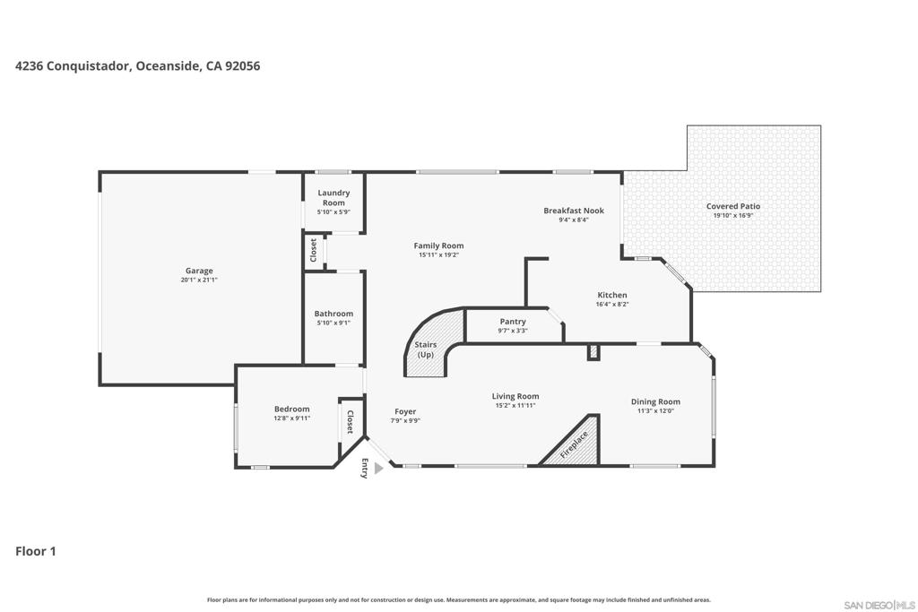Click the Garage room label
point(199,271)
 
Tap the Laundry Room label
point(333,198)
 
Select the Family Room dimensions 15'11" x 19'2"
point(438,255)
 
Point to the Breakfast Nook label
point(574,211)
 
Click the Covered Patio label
point(733,206)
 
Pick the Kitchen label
point(612,295)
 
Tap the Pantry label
point(513,321)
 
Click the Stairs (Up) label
point(426,349)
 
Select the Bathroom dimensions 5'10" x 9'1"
point(333,323)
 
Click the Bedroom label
point(292,409)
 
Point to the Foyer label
point(405,411)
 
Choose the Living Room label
point(515,396)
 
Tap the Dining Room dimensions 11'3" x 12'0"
point(655,410)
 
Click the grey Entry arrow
point(378,468)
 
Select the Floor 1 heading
point(36,551)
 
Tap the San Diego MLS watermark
point(879,605)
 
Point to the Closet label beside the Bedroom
point(351,422)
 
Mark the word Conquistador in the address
point(89,66)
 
